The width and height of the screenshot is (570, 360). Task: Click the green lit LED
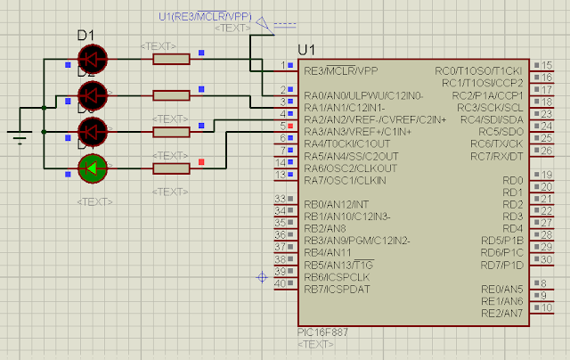click(x=93, y=167)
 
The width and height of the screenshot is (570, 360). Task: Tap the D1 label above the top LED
click(x=86, y=36)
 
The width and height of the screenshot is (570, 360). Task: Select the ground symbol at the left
click(x=18, y=135)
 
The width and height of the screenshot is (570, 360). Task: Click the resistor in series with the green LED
click(x=171, y=168)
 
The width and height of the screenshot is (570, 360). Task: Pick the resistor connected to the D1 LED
click(x=171, y=59)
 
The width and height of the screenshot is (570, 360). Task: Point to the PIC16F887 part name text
click(x=323, y=332)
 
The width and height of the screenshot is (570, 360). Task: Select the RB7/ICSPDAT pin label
click(x=338, y=289)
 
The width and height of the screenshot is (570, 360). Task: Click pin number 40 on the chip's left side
click(x=281, y=283)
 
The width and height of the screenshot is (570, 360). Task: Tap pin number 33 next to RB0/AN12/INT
click(x=281, y=198)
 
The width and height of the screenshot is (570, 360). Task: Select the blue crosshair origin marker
click(x=262, y=278)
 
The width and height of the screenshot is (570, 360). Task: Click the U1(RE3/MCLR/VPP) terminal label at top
click(x=204, y=16)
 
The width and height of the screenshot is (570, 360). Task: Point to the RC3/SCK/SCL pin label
click(x=490, y=107)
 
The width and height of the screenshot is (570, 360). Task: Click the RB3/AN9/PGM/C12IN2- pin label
click(x=356, y=241)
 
